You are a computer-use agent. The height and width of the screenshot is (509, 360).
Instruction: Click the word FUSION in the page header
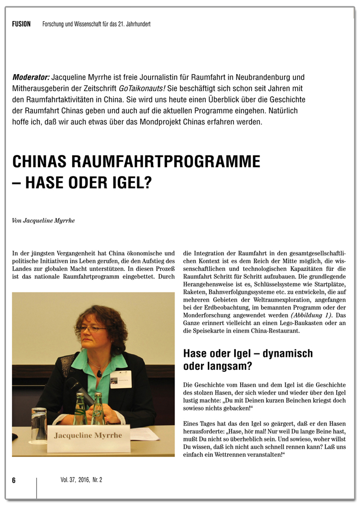pos(21,24)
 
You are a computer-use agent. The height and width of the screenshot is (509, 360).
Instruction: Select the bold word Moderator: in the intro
pos(31,78)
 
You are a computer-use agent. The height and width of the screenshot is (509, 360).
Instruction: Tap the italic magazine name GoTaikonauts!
pos(142,88)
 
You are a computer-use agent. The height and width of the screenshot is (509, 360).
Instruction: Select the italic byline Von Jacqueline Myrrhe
pos(43,220)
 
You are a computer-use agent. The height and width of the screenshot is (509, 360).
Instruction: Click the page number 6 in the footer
pos(14,480)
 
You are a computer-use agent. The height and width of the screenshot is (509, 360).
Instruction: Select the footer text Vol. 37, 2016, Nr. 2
pos(82,480)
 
